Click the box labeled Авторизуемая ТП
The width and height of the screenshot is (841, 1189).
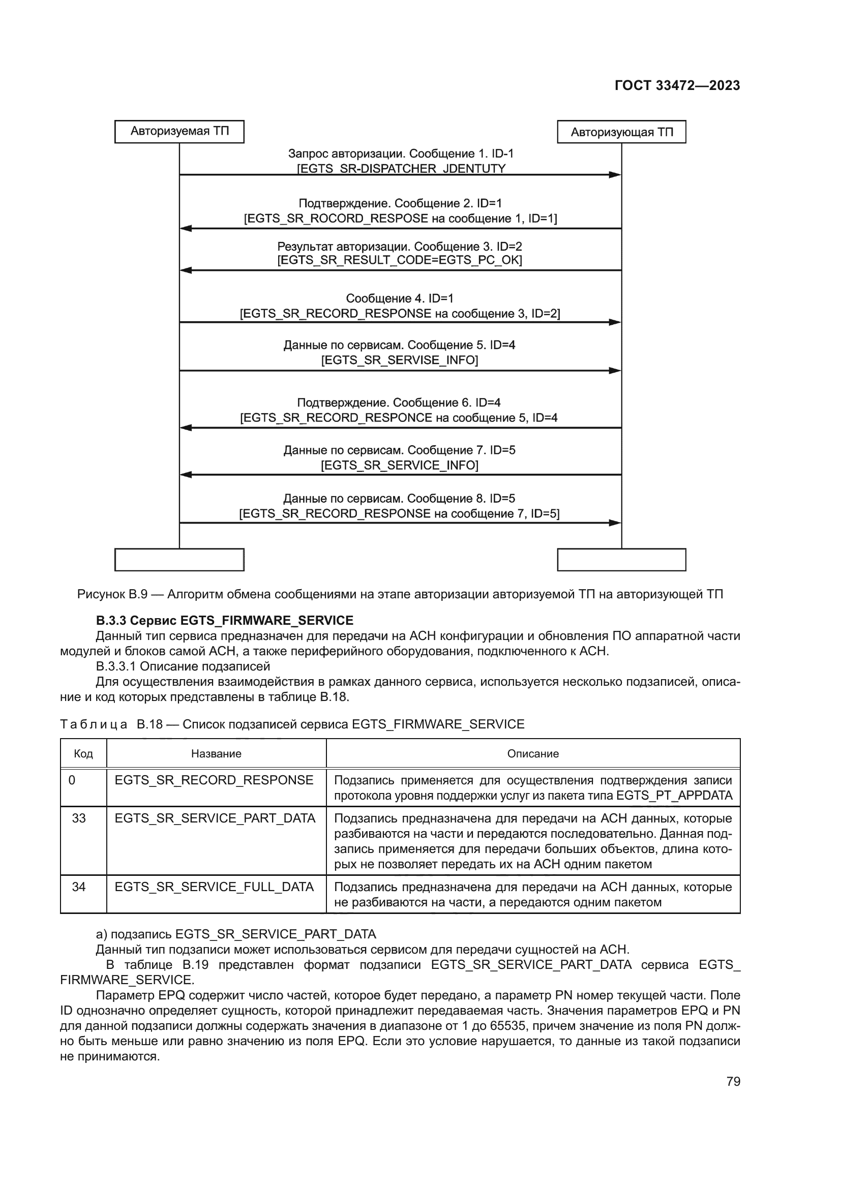(179, 131)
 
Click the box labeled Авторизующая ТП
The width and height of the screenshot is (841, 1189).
(621, 132)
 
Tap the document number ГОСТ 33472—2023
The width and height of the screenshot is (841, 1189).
(677, 85)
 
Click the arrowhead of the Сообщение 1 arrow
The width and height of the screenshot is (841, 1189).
(615, 175)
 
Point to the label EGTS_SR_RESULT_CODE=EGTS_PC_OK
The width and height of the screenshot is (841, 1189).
(399, 260)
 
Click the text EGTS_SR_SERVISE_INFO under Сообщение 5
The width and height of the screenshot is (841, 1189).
(399, 360)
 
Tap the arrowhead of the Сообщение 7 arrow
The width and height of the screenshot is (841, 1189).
(186, 474)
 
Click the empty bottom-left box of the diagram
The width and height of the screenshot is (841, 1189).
(179, 560)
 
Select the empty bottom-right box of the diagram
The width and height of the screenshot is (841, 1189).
(621, 560)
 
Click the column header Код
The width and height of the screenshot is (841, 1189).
(83, 753)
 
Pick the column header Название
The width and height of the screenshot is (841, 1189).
(216, 753)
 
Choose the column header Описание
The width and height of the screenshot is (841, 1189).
(533, 753)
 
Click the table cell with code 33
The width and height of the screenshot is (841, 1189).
(79, 818)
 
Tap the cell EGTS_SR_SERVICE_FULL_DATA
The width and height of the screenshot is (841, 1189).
(214, 887)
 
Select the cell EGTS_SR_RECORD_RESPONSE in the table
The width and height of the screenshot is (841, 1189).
(214, 780)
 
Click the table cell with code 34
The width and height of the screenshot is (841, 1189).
(79, 887)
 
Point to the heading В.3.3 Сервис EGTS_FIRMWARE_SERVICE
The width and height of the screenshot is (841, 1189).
(224, 620)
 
